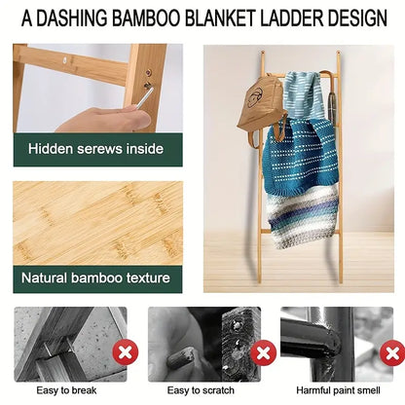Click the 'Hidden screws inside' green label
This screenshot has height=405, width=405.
(x=95, y=149)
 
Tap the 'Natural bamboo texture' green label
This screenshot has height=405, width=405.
(x=95, y=278)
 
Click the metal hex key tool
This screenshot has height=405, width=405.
(x=144, y=96)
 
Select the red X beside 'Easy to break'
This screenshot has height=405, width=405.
(x=125, y=351)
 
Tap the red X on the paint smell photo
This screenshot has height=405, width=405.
(x=392, y=351)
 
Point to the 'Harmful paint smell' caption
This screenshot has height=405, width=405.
(x=337, y=390)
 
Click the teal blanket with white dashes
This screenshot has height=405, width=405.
(x=303, y=156)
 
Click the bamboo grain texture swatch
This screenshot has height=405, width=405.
(x=95, y=219)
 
